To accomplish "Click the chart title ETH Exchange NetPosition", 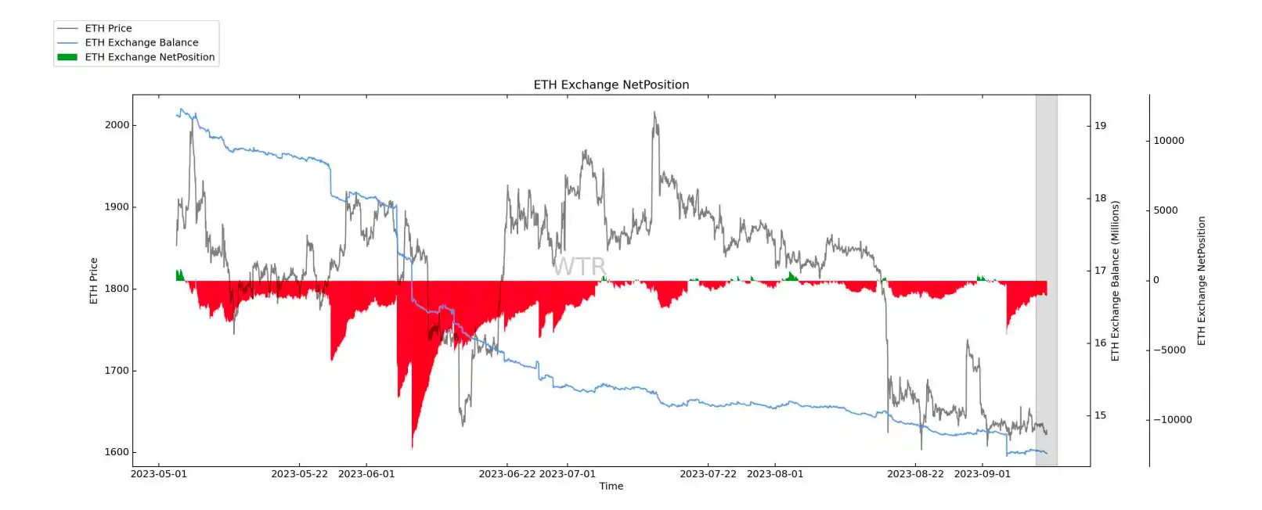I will click(x=611, y=84).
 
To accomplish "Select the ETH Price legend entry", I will click(x=108, y=28).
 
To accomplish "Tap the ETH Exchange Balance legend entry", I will click(x=141, y=42).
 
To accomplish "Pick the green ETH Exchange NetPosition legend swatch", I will click(x=67, y=57).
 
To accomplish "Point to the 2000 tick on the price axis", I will click(x=117, y=125).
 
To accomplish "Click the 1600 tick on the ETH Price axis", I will click(x=117, y=452).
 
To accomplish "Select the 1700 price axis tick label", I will click(x=117, y=371).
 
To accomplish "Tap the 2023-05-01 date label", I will click(x=159, y=474).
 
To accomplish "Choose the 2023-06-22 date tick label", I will click(x=507, y=474).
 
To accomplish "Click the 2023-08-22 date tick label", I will click(x=915, y=474).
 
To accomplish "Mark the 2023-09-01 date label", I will click(x=983, y=474).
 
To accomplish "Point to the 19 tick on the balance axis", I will click(x=1100, y=126).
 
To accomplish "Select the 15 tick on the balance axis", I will click(x=1100, y=415).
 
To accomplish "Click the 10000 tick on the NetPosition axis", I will click(x=1169, y=141).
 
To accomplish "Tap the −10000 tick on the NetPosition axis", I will click(x=1172, y=420).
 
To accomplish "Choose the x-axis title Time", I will click(x=611, y=487).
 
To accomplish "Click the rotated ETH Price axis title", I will click(x=94, y=281).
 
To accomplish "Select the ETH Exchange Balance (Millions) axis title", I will click(x=1116, y=281).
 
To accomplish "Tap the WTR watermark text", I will click(x=579, y=267).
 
